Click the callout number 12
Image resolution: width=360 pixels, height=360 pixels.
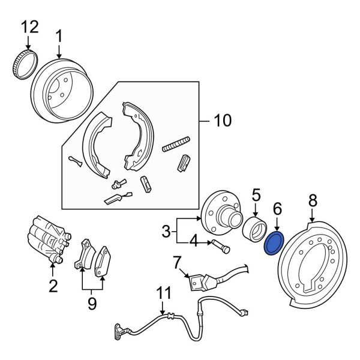[29, 26]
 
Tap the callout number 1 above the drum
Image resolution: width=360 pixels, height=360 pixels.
[59, 36]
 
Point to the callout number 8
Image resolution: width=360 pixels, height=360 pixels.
[312, 200]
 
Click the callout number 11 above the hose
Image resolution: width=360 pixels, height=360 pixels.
[164, 293]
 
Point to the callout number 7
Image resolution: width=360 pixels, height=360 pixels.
[176, 262]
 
